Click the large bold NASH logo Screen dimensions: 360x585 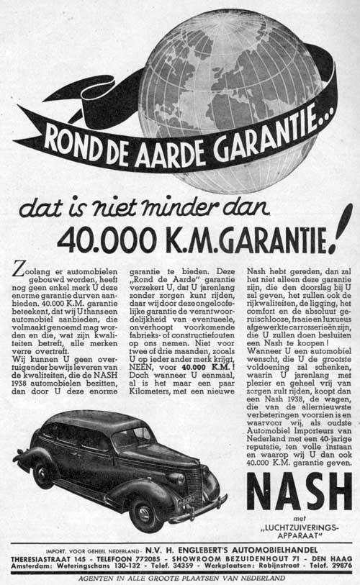pos(299,492)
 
